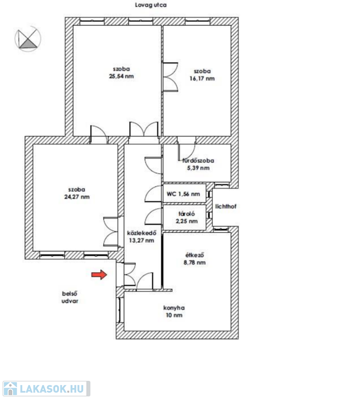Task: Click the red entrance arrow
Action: click(99, 274)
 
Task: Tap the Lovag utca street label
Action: click(151, 5)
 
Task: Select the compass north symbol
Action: click(28, 38)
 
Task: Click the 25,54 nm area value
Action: click(122, 76)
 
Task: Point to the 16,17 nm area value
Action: click(202, 78)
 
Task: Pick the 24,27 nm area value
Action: click(77, 197)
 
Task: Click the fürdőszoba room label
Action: click(198, 161)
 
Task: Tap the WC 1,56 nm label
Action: click(183, 194)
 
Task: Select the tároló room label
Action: click(186, 214)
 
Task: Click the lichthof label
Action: click(226, 206)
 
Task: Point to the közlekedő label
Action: click(142, 233)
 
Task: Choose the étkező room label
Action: click(195, 255)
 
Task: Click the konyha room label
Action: click(174, 308)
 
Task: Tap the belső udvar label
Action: click(70, 297)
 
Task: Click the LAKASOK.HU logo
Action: click(47, 389)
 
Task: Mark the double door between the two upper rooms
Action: click(170, 77)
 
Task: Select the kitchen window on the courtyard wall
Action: click(119, 310)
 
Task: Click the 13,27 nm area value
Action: click(141, 241)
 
